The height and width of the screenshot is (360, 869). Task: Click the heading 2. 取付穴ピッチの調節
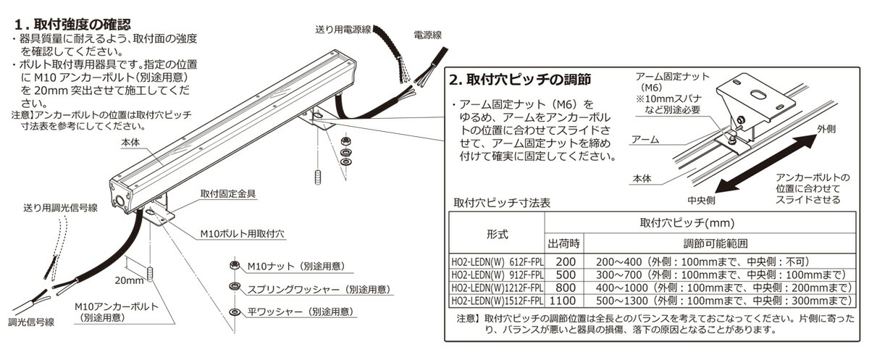click(520, 78)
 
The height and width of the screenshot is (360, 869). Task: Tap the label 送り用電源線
click(343, 30)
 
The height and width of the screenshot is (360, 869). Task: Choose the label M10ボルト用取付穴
click(243, 235)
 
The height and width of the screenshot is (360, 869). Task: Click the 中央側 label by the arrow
click(702, 198)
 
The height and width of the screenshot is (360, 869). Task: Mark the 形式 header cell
click(496, 234)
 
